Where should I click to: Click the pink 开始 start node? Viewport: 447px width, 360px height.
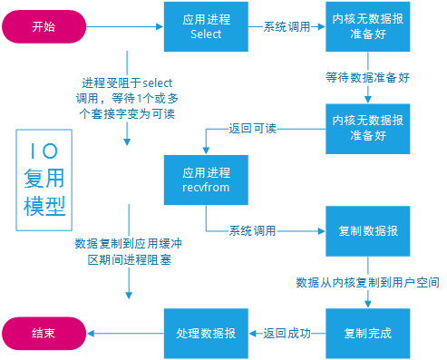click(x=42, y=27)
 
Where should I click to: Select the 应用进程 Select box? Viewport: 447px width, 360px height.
click(x=206, y=26)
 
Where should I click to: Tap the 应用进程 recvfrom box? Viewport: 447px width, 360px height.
click(x=206, y=179)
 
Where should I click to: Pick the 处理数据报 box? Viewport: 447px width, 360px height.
click(x=206, y=333)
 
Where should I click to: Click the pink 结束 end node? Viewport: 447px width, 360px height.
click(x=42, y=333)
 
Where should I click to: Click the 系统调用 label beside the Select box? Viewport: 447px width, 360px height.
click(x=286, y=27)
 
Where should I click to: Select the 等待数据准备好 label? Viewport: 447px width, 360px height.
click(x=368, y=78)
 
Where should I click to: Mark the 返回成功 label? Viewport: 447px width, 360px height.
click(x=287, y=333)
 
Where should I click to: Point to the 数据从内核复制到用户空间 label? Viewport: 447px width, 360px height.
click(x=368, y=283)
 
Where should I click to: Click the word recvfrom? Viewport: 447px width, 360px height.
click(x=205, y=187)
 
